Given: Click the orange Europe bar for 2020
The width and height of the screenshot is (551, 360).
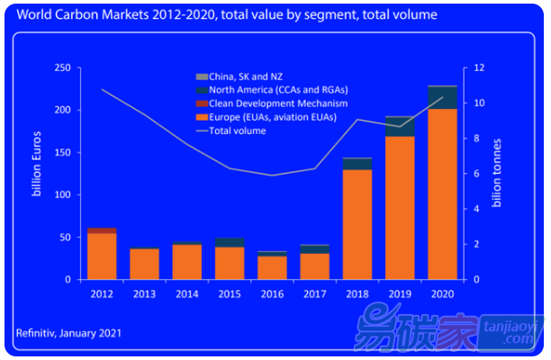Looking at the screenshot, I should click(442, 193).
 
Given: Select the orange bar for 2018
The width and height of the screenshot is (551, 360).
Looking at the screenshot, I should click(357, 224).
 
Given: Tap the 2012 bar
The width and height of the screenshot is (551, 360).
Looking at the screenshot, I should click(102, 256).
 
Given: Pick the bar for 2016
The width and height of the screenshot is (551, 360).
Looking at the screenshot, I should click(272, 267).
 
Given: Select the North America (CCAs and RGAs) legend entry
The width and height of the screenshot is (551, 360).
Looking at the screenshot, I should click(270, 91).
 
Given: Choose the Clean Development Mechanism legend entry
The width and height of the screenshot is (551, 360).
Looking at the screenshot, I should click(267, 104).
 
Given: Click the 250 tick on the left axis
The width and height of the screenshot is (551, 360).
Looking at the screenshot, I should click(63, 68).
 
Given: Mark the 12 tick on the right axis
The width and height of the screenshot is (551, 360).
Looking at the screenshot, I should click(481, 68).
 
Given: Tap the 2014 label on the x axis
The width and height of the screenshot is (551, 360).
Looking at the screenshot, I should click(187, 294).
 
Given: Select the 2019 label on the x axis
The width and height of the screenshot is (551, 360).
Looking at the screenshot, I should click(400, 294).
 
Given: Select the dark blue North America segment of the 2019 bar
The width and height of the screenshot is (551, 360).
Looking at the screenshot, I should click(400, 127).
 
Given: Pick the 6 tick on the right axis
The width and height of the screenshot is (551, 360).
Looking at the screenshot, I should click(478, 174).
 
